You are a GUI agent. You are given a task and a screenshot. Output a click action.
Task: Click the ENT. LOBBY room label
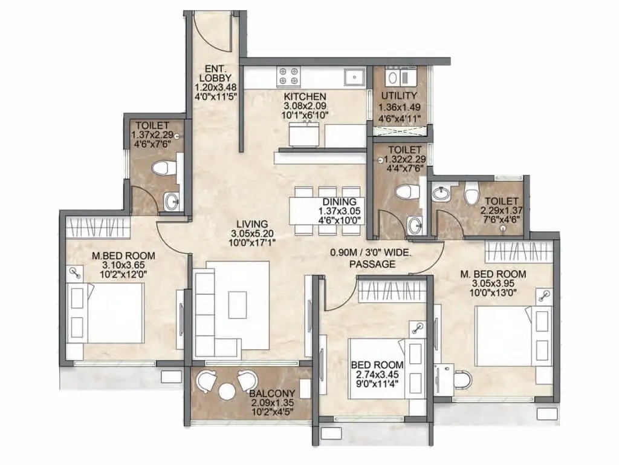click(215, 73)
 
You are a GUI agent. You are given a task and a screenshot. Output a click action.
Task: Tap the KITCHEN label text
click(305, 96)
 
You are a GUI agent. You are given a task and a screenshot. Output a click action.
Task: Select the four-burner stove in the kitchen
click(289, 76)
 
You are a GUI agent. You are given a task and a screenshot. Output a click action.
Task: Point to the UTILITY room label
click(399, 96)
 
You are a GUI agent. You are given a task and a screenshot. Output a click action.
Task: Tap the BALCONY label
click(273, 394)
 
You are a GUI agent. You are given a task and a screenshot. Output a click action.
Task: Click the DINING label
click(339, 202)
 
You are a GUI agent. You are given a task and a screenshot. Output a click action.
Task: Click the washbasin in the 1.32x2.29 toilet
click(414, 226)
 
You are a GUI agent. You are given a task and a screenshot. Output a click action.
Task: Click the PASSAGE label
click(372, 264)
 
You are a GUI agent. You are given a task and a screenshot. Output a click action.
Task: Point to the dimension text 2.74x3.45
click(377, 374)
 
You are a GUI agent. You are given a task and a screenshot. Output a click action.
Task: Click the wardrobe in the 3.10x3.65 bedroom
click(98, 228)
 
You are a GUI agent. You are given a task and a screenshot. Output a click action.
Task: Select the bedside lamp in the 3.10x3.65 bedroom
click(75, 273)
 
